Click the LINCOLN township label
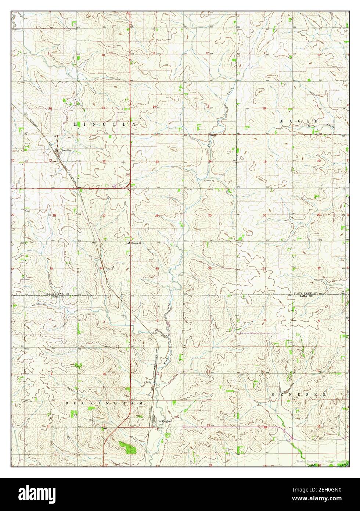[105, 124]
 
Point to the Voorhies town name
[65, 151]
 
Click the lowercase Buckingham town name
[165, 421]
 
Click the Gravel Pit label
[209, 181]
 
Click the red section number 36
[210, 268]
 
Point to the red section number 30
[264, 215]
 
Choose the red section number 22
[104, 161]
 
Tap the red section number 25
[210, 215]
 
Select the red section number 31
[264, 269]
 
